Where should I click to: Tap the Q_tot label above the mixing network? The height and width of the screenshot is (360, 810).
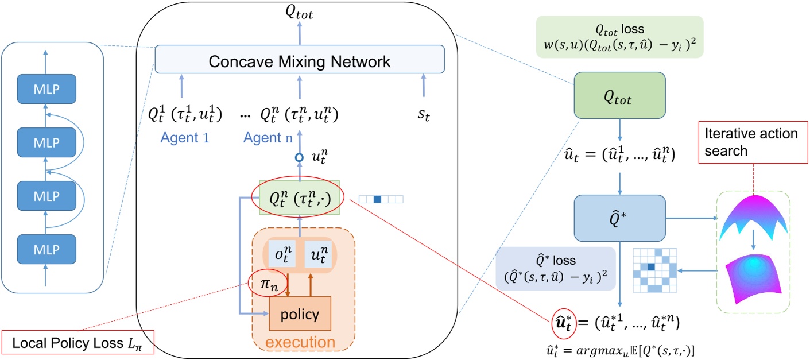[300, 12]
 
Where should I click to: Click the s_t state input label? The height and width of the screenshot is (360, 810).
[423, 114]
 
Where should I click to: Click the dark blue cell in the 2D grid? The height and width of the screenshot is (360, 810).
[650, 266]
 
